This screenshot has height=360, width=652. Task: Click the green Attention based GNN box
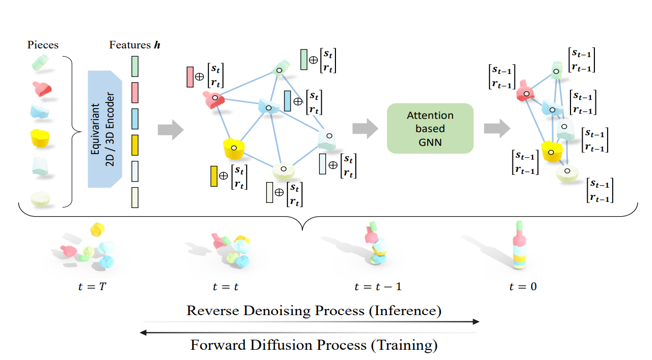point(430,128)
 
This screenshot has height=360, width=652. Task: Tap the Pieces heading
point(43,45)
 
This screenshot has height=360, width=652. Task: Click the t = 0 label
point(523,286)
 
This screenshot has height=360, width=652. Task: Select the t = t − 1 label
point(378,286)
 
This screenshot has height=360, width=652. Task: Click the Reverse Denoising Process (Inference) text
point(314,310)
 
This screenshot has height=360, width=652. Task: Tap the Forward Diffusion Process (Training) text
point(314,345)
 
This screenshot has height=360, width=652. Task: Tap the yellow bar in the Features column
point(135,145)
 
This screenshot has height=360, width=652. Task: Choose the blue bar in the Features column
point(135,118)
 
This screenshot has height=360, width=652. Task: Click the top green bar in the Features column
point(135,66)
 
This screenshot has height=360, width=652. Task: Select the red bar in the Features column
point(135,92)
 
